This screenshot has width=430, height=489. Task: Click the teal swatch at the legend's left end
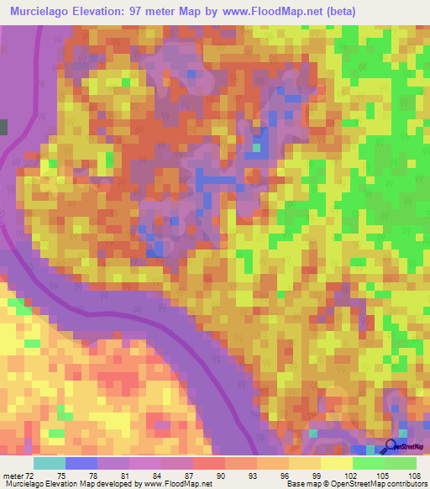pos(49,462)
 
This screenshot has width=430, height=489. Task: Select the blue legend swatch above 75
pos(81,462)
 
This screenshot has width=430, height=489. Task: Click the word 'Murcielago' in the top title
pos(40,12)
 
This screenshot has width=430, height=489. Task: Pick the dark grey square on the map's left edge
pos(3,127)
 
